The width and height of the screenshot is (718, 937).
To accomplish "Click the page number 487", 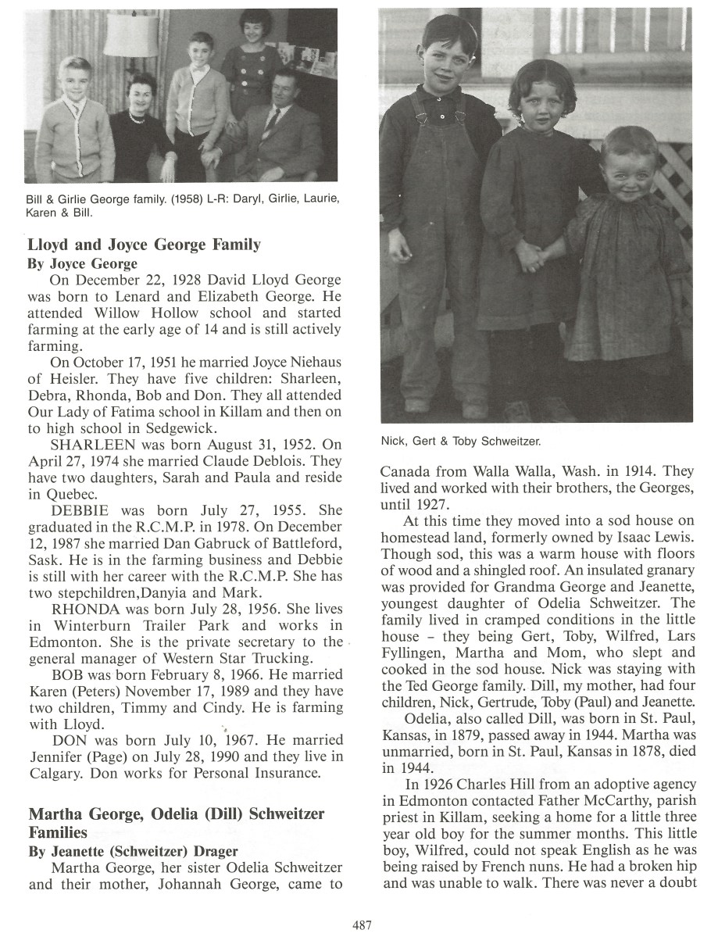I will [362, 924].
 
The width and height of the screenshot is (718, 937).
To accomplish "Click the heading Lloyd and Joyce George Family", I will [144, 245].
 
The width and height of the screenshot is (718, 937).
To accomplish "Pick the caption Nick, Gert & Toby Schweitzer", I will [461, 442].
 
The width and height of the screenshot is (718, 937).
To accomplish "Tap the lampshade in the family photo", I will [130, 33].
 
